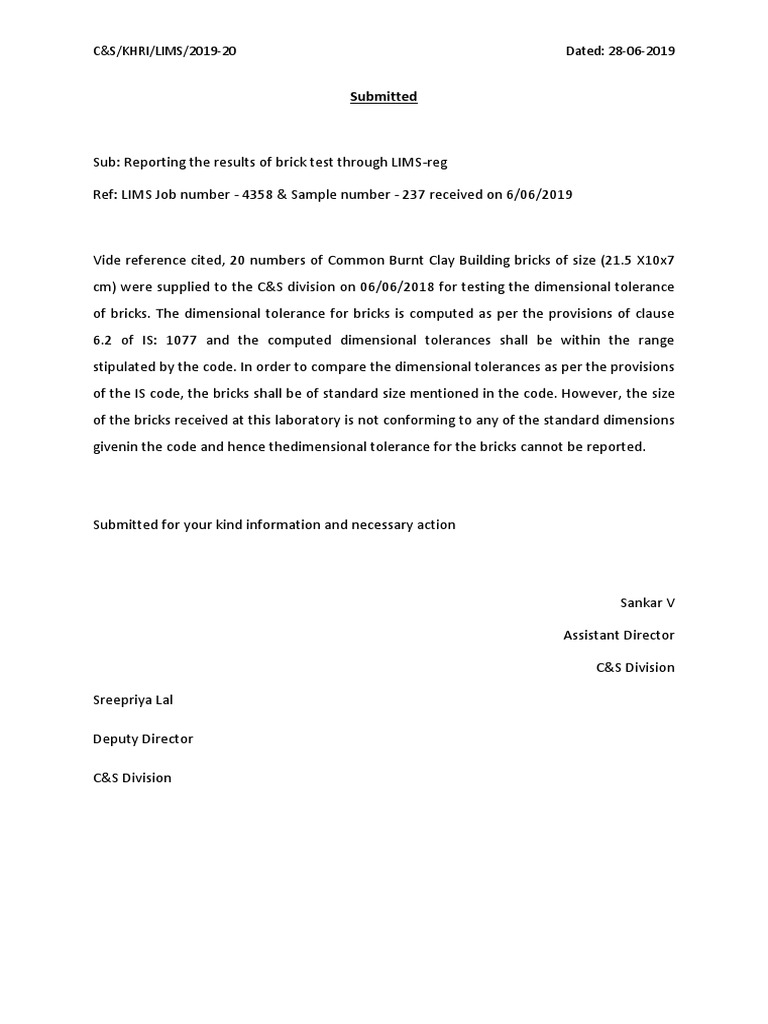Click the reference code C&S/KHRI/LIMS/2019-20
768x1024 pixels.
point(166,51)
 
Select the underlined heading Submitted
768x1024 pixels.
point(383,97)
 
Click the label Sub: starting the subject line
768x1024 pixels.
point(106,162)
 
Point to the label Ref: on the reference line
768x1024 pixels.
point(105,194)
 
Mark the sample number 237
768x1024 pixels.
point(414,194)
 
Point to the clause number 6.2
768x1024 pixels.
point(104,339)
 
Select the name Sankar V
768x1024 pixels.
point(647,603)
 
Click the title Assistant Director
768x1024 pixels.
point(618,635)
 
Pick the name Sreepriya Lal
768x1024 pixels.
point(133,700)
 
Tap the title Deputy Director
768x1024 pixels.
point(143,739)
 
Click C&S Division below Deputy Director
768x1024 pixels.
point(132,777)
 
